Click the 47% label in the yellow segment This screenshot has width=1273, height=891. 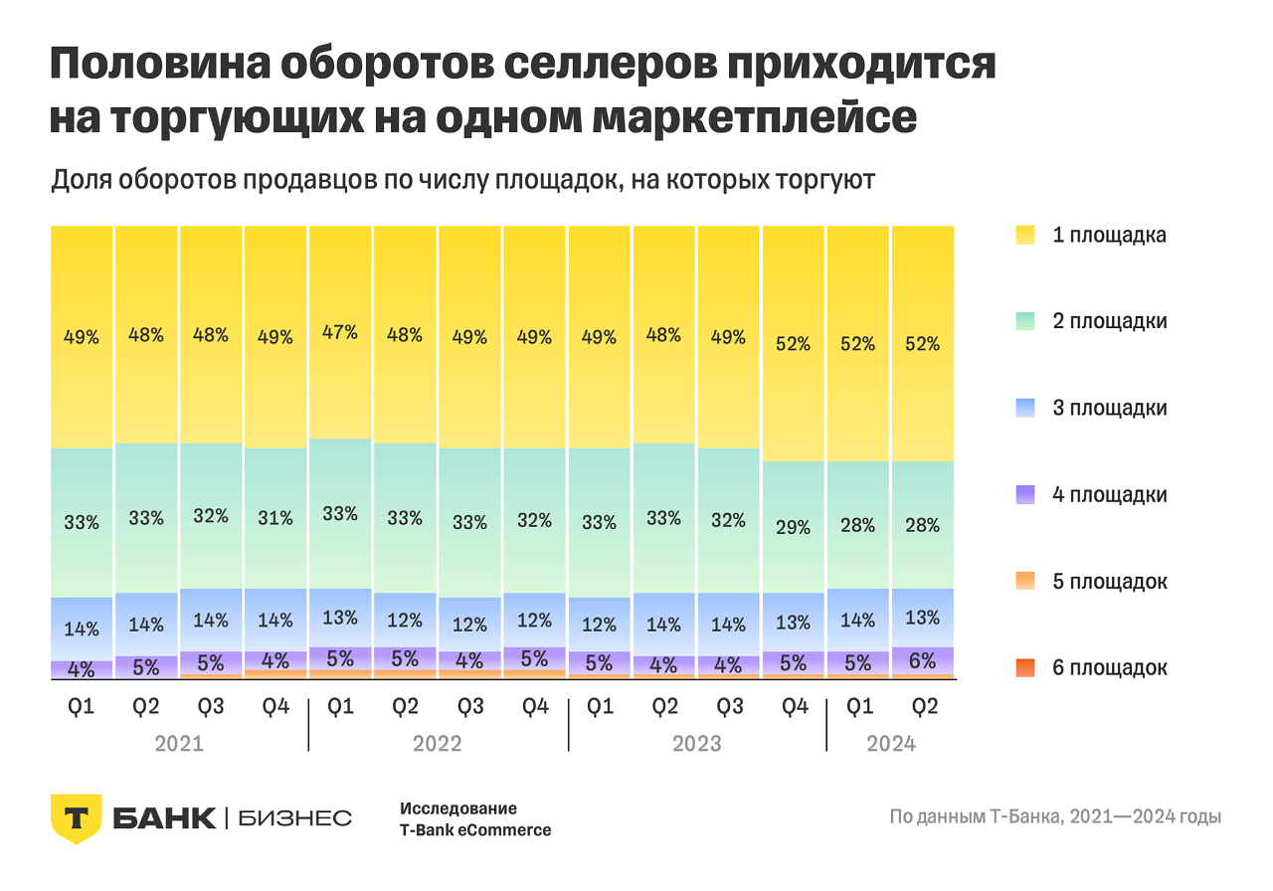(340, 332)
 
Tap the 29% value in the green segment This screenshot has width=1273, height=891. (793, 528)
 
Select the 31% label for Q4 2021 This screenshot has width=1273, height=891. (275, 518)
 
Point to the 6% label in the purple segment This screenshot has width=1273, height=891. (922, 659)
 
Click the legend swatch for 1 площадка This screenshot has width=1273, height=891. (1025, 236)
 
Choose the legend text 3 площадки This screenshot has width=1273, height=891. (1110, 409)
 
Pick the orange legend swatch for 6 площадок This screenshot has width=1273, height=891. (1025, 667)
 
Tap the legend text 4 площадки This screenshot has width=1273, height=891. (1110, 495)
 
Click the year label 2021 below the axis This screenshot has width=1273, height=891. (179, 744)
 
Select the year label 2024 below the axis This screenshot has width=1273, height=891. (891, 744)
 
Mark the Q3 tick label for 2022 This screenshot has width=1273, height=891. (469, 707)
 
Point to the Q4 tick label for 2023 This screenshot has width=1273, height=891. (793, 707)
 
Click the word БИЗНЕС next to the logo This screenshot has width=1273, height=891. (295, 818)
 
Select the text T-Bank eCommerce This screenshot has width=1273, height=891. (475, 830)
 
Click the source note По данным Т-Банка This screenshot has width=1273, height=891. (1055, 818)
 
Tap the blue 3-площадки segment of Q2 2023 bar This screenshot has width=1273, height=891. (663, 624)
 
